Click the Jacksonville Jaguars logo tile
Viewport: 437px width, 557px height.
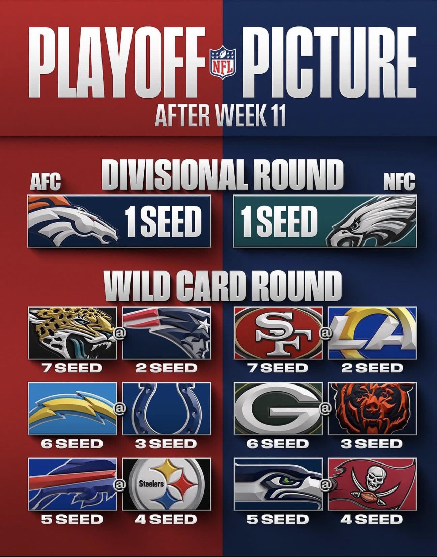click(x=72, y=333)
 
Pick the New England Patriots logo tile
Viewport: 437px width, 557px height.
click(x=167, y=333)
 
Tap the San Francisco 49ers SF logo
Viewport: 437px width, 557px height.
click(x=278, y=333)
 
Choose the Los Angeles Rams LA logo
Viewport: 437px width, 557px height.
click(x=373, y=333)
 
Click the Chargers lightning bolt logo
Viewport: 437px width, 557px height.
click(x=72, y=408)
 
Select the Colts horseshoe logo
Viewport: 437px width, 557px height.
click(x=167, y=408)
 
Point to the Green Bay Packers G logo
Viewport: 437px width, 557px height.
click(x=278, y=408)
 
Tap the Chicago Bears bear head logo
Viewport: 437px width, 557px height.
click(x=373, y=408)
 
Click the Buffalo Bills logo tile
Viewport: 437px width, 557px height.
click(x=72, y=484)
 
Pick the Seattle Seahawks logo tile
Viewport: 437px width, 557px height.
click(x=278, y=484)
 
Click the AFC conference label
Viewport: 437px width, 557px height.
click(x=46, y=183)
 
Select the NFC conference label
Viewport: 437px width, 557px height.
click(x=399, y=183)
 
